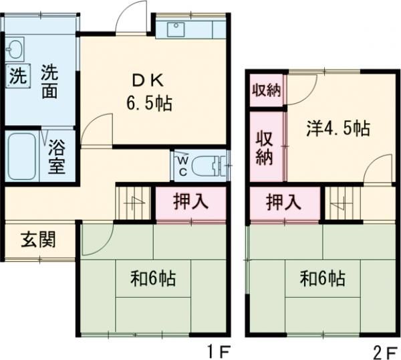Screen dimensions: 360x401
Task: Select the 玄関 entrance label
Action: pos(37,239)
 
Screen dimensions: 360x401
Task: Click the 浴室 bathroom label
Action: pos(56,156)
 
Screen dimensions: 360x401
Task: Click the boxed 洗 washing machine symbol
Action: pos(17,75)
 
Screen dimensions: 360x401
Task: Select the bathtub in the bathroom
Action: pos(22,156)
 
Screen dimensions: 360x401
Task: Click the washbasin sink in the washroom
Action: pos(15,49)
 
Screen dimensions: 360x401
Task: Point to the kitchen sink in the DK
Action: pos(176,29)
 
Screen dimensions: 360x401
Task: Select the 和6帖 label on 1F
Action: pos(153,278)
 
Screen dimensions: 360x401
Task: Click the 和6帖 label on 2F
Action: pos(322,278)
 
